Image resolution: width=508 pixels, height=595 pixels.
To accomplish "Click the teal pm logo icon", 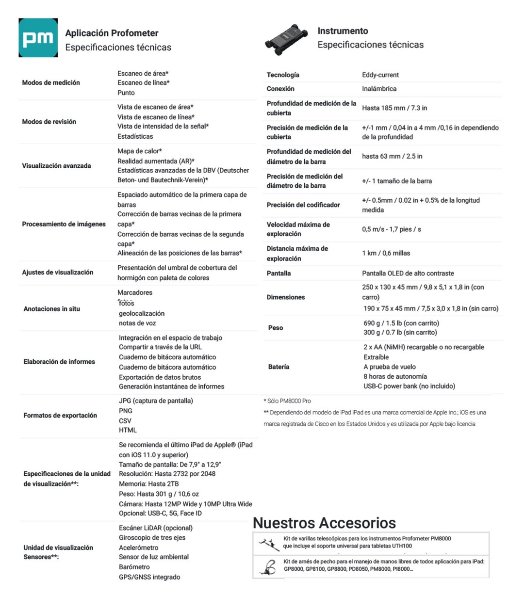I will coord(38,38).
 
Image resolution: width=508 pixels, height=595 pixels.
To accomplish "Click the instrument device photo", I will coord(286,39).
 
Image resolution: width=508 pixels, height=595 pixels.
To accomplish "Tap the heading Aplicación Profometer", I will coord(112,33).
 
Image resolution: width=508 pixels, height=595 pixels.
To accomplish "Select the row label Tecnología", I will coord(283,75).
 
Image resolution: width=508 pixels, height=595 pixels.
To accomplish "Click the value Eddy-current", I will coord(380,75).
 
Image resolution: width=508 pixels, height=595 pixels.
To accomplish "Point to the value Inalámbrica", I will coord(379,89).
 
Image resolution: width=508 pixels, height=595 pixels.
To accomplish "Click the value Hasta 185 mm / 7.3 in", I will coord(394,108).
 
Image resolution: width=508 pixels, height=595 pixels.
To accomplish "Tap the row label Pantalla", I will coord(279,273).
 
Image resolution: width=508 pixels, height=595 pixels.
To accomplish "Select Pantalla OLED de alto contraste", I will coord(408,273).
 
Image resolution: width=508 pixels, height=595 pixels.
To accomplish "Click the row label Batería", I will coord(279,367).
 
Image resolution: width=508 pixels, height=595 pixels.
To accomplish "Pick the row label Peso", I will coord(276,328).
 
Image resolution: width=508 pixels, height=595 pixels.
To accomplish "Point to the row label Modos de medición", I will coord(51,83).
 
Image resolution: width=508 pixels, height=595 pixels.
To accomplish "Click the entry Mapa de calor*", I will coord(140,151).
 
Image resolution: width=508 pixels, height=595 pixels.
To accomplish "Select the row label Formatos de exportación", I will coord(60,416).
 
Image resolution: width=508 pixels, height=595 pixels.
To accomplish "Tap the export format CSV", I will coord(125,420).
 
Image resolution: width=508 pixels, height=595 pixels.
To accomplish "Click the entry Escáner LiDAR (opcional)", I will coord(156,528).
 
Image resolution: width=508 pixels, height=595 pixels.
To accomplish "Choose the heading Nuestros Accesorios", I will coord(324,523).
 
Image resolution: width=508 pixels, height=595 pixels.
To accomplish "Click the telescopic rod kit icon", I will coord(268,542).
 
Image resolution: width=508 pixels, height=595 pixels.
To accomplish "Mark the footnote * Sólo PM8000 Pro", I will coord(287,401).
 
